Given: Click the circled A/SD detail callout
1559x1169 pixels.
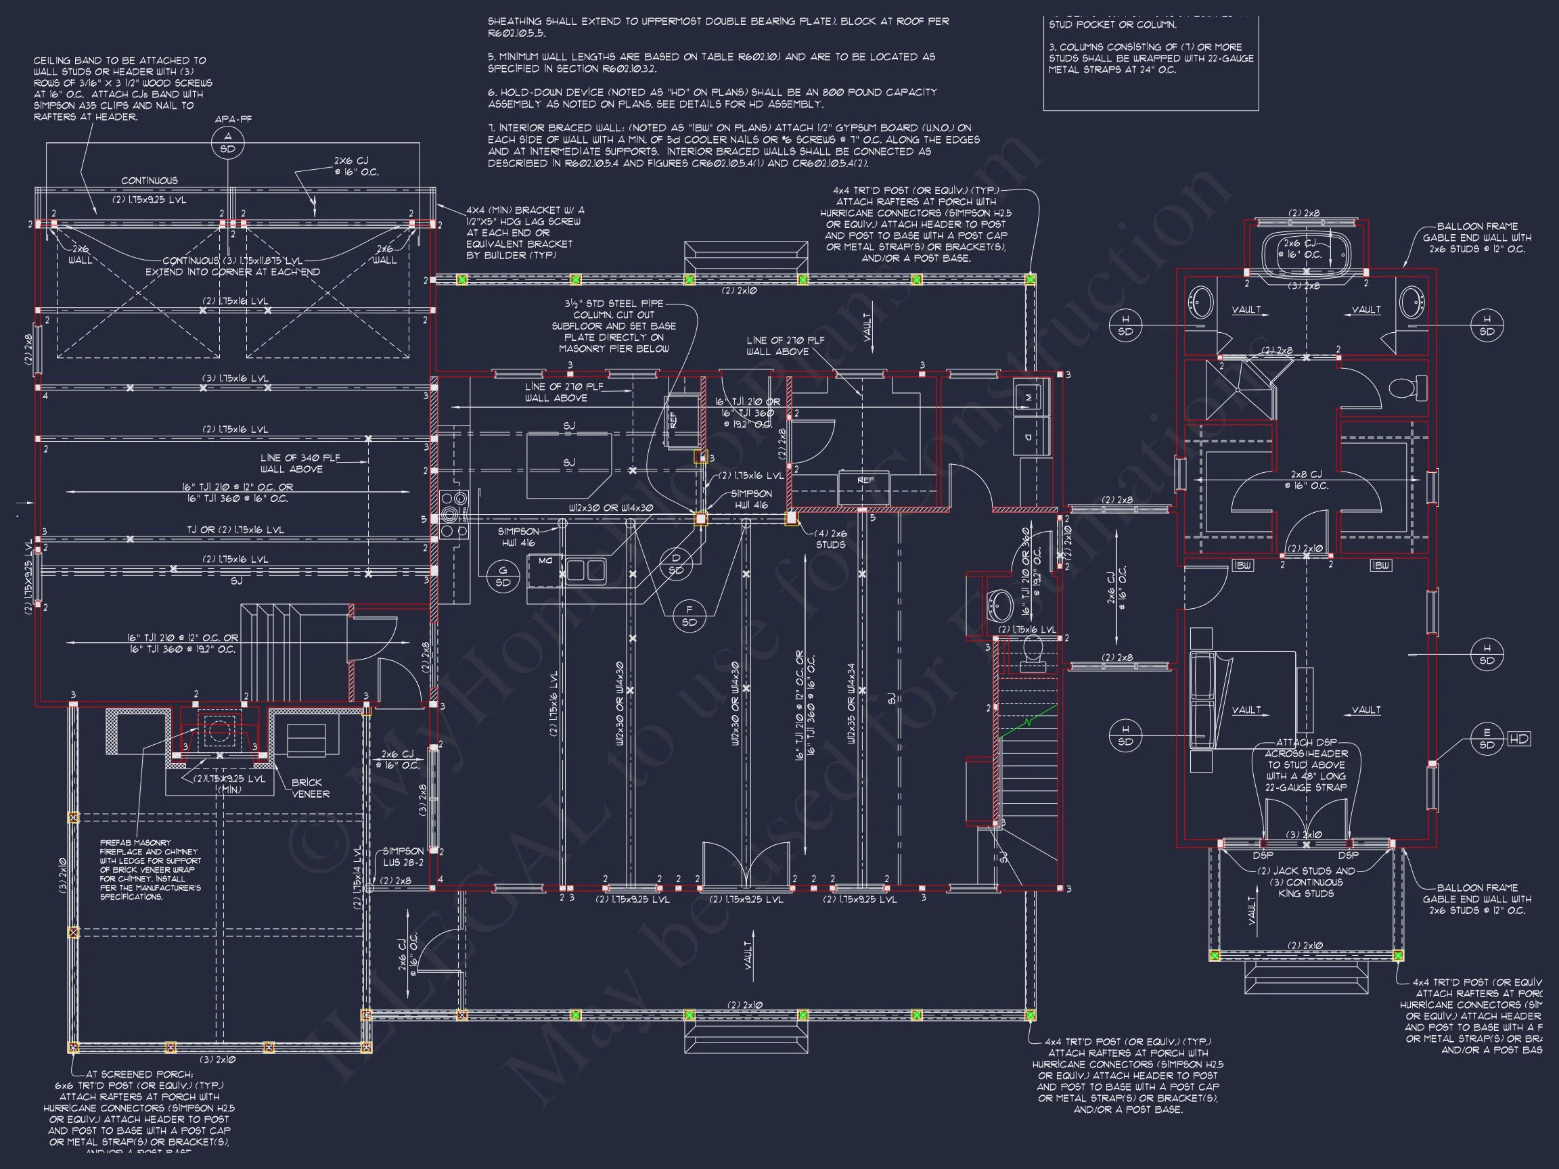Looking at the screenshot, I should pos(227,143).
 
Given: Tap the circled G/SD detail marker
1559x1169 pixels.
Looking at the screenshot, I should pos(503,576).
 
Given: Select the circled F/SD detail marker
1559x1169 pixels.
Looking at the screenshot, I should pos(689,615).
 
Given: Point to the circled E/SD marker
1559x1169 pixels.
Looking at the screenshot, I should pos(1487,739).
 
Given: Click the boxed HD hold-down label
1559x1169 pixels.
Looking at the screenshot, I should pos(1520,739).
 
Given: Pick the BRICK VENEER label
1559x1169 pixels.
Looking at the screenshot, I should pos(310,787).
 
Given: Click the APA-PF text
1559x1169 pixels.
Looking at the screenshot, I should pos(233,119).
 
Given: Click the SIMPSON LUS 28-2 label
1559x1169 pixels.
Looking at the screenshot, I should pos(403,856).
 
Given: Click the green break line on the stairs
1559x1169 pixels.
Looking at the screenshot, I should pos(1029,722).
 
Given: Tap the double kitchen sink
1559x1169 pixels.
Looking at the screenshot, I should pos(586,570).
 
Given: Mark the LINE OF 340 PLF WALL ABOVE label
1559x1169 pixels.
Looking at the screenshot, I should pos(300,463).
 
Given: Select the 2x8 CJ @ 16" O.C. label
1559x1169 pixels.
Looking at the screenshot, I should pos(1306,480).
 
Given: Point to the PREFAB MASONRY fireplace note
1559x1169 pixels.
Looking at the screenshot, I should pos(150,869).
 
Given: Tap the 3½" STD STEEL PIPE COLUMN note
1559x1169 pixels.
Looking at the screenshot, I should pos(614,325).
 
